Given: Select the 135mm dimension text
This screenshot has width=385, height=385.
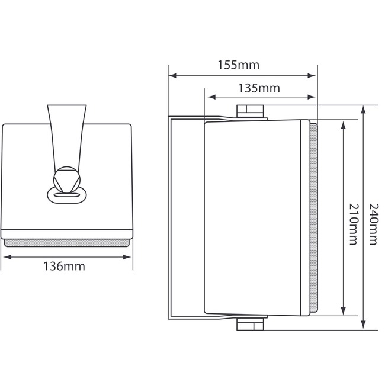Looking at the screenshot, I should tap(259, 88).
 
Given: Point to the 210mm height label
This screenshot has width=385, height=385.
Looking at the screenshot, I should tap(354, 224).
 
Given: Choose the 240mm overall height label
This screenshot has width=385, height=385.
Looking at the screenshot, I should tap(373, 224).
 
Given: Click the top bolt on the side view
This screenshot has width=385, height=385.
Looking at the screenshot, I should tap(251, 111).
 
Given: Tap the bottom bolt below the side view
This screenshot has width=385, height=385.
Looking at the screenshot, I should tap(251, 325).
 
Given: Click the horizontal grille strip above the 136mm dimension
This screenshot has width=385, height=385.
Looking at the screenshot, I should tap(66, 242).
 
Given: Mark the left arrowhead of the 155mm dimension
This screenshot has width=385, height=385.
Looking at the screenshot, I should tap(172, 75).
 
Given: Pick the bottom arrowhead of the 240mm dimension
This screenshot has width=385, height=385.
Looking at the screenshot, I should tap(364, 326).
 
